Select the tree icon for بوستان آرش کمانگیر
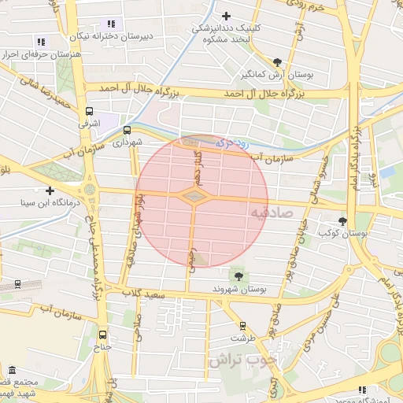point(277,62)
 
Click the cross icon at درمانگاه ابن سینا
point(50,190)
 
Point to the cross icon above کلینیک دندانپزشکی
point(227,16)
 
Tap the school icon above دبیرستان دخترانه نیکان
point(111,24)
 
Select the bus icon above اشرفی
point(89,111)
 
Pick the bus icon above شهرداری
point(128,131)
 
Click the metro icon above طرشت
point(242,325)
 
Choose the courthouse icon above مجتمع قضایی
point(12,370)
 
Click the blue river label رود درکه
point(231,143)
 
